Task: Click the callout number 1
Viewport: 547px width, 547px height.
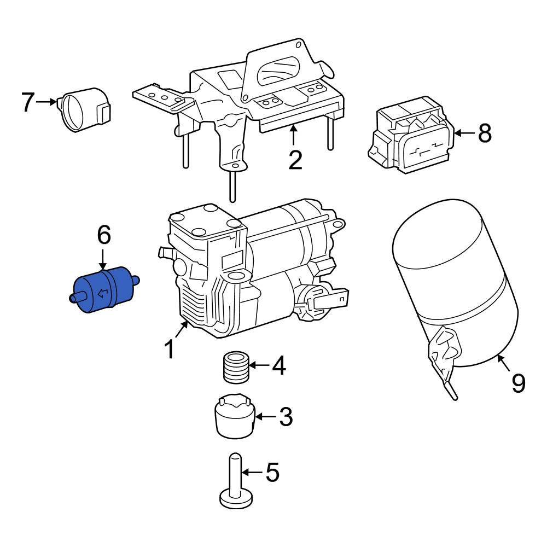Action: click(x=170, y=348)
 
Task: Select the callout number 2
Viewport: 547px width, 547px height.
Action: click(x=295, y=159)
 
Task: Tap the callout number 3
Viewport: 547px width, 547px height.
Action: click(x=286, y=417)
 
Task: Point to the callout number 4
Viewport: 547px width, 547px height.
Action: click(x=278, y=365)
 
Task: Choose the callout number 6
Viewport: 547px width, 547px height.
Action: click(x=104, y=236)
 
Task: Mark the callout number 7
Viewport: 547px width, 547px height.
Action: click(x=28, y=102)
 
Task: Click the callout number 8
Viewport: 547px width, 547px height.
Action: click(x=485, y=133)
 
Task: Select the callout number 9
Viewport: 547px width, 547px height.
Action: click(x=517, y=382)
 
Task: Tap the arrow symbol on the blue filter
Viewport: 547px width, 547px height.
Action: click(x=102, y=295)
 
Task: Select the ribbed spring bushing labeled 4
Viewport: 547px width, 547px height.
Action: click(x=236, y=368)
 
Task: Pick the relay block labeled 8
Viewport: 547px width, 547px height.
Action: click(x=412, y=135)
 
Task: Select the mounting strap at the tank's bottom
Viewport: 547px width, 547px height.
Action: click(x=443, y=356)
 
